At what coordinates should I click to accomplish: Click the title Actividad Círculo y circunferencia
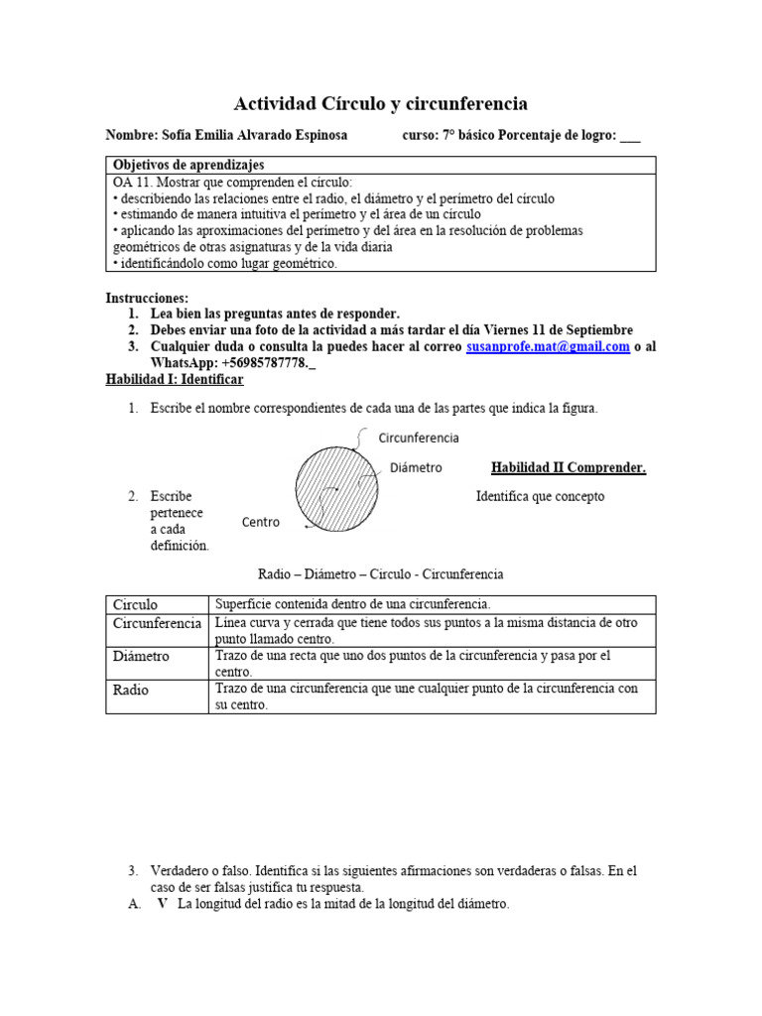click(380, 103)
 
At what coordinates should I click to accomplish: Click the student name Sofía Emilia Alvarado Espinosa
click(253, 136)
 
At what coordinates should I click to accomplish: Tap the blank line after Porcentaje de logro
click(630, 136)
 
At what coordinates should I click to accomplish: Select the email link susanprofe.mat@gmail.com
click(548, 347)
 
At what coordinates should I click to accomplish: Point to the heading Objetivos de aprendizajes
click(189, 165)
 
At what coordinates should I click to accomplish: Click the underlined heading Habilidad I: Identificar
click(175, 380)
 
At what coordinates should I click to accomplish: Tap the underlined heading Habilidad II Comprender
click(569, 468)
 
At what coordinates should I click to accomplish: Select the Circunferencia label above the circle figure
click(419, 438)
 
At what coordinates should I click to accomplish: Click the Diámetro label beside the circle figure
click(416, 467)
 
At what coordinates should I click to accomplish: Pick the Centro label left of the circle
click(261, 522)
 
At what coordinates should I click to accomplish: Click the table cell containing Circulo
click(136, 604)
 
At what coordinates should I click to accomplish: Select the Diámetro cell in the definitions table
click(142, 657)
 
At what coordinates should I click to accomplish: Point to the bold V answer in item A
click(162, 904)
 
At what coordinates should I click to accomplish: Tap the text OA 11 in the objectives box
click(135, 184)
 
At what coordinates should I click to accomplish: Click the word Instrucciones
click(146, 298)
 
